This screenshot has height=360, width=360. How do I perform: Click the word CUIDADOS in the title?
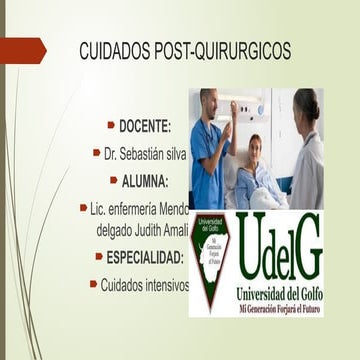(x=113, y=49)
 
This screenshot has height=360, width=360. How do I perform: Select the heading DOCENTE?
(x=145, y=126)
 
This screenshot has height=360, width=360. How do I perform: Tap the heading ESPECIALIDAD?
(x=145, y=257)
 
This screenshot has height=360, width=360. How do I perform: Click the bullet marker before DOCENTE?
(x=111, y=126)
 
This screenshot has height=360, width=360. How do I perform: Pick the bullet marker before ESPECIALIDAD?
(x=99, y=257)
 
